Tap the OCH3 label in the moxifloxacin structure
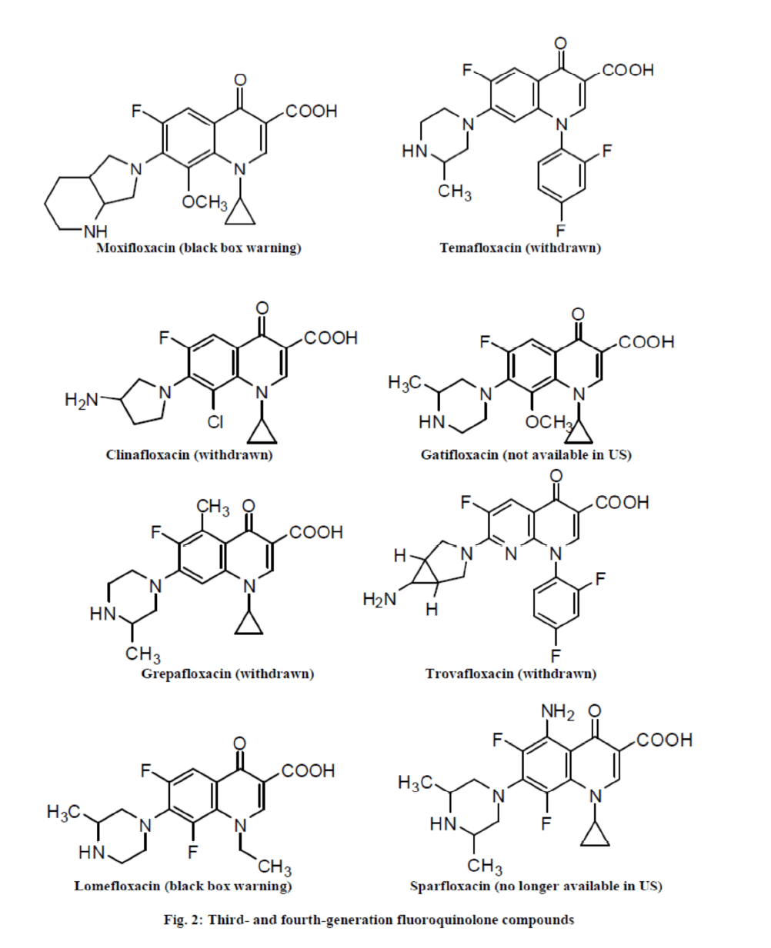(205, 202)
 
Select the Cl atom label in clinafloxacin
(215, 421)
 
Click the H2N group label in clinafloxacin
(81, 400)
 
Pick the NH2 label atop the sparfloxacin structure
(558, 711)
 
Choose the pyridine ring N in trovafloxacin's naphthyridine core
(511, 554)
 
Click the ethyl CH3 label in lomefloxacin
(275, 867)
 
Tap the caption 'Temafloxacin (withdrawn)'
(520, 248)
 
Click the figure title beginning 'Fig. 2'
(369, 919)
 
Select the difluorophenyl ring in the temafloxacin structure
(561, 175)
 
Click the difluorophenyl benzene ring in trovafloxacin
(556, 604)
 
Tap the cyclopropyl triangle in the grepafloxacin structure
(249, 622)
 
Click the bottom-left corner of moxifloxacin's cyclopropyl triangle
(225, 224)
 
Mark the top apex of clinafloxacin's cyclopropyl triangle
(262, 419)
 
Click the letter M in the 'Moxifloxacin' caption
(103, 248)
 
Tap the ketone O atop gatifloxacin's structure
(578, 314)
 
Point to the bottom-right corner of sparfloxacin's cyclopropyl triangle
(609, 845)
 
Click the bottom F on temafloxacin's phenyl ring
(561, 230)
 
